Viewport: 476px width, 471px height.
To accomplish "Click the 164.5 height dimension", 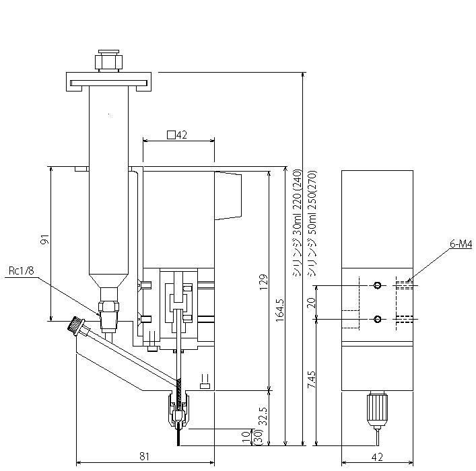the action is (x=279, y=310).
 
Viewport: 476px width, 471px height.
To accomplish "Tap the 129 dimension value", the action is (x=263, y=282).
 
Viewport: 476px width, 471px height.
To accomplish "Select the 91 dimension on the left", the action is (x=45, y=240).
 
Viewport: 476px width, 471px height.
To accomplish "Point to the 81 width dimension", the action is (x=145, y=456).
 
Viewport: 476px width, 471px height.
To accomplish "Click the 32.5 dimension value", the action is (x=263, y=416).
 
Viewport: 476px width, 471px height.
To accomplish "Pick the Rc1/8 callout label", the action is (x=22, y=270).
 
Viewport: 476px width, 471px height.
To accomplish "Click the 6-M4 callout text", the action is (x=461, y=244).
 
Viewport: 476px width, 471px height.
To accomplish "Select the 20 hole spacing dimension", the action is (x=312, y=303).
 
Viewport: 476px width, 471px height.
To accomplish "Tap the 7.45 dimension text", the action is (x=312, y=379).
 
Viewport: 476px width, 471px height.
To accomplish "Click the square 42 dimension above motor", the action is (x=177, y=135).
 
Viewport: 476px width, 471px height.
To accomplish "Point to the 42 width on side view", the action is (x=377, y=457).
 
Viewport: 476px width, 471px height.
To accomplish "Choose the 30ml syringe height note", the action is (x=297, y=223).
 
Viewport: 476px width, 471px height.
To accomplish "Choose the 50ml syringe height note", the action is (x=312, y=223).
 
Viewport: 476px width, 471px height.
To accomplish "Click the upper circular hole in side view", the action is (x=377, y=285).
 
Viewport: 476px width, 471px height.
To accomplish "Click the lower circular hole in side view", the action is (x=377, y=319).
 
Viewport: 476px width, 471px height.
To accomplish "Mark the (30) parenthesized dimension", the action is (x=255, y=437).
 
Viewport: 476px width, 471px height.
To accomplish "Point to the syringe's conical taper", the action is (x=108, y=281).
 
